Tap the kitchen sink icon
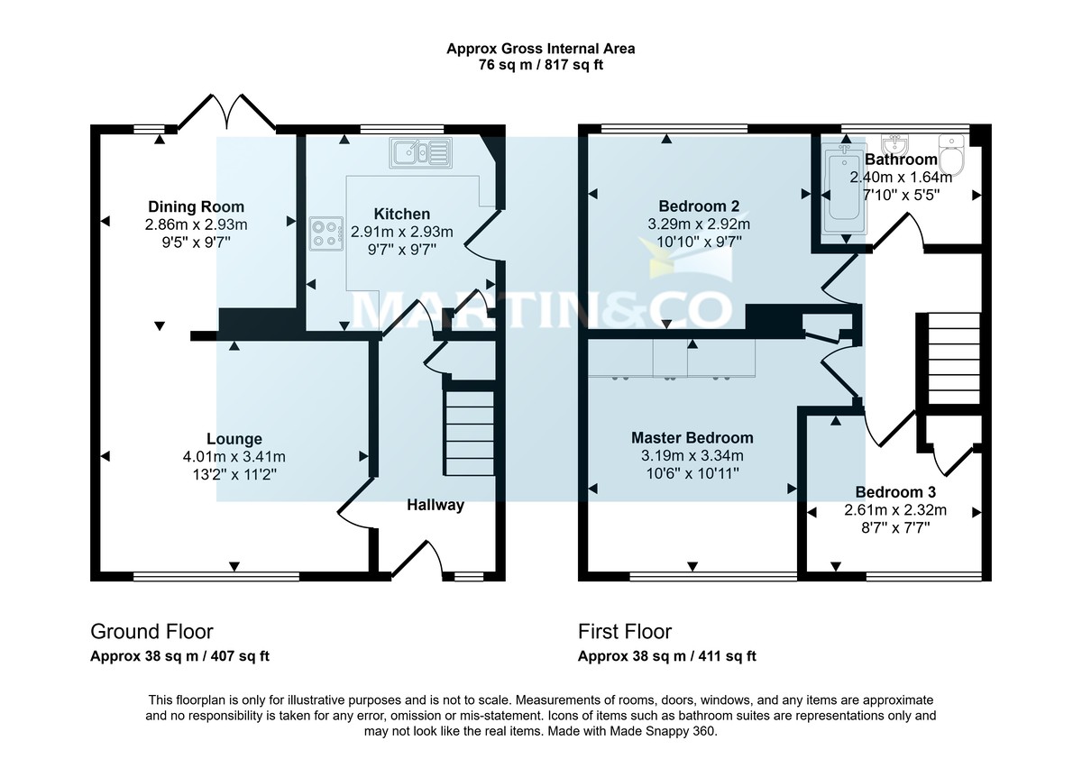click(419, 153)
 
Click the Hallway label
click(435, 505)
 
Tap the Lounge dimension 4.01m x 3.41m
click(234, 457)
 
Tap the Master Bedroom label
click(692, 438)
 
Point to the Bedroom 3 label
click(894, 492)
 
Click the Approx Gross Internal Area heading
click(540, 49)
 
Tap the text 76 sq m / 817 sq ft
click(540, 66)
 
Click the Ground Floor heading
click(151, 632)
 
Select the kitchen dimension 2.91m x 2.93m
click(401, 232)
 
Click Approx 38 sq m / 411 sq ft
click(666, 656)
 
